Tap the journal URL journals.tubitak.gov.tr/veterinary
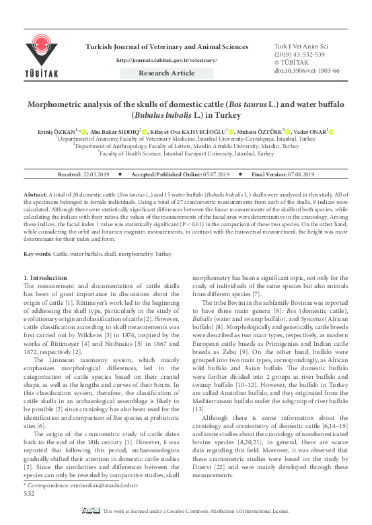tap(167, 60)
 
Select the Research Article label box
tap(167, 73)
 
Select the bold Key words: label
tap(37, 254)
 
